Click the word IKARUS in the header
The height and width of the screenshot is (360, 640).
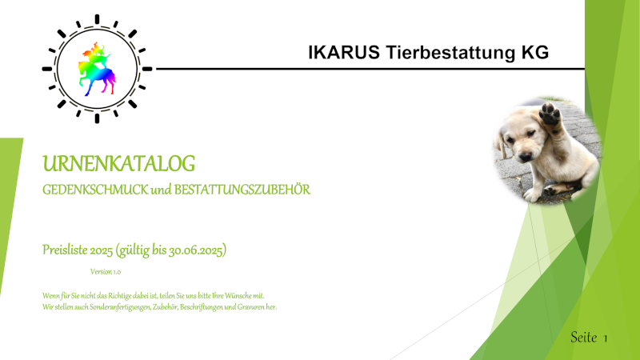click(x=344, y=53)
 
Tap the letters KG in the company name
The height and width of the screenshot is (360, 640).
click(x=534, y=53)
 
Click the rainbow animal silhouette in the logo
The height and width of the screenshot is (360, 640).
click(x=97, y=69)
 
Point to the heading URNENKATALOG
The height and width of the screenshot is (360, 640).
click(x=118, y=164)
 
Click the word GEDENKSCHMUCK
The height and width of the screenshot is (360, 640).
click(x=95, y=190)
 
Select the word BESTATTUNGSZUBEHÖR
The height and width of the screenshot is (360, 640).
click(x=242, y=190)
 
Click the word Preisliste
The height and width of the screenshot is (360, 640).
click(x=65, y=250)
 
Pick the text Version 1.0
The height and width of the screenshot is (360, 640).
click(x=106, y=272)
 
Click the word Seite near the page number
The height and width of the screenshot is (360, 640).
click(x=584, y=337)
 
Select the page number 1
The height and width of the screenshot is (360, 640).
click(x=606, y=338)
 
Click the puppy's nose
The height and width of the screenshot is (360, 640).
click(x=526, y=155)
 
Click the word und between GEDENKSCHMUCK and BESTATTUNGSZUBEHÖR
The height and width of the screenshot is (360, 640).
click(x=161, y=190)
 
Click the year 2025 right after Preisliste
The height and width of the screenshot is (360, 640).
click(x=102, y=250)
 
